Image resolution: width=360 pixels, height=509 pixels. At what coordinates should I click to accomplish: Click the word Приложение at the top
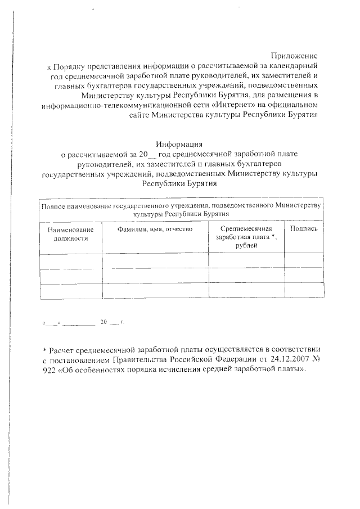(295, 56)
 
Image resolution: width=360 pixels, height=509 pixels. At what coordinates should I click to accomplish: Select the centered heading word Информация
(179, 144)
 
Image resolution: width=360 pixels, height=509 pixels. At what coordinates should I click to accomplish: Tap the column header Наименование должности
(71, 233)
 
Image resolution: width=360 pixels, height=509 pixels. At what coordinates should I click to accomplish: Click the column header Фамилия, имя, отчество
(155, 229)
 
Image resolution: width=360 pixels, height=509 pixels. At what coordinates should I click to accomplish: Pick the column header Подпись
(304, 229)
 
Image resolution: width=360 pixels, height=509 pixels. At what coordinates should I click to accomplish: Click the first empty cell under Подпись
(304, 262)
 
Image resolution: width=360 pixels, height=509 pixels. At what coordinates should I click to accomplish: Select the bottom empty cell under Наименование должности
(71, 291)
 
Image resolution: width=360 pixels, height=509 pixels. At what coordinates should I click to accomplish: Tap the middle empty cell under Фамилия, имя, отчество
(155, 276)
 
